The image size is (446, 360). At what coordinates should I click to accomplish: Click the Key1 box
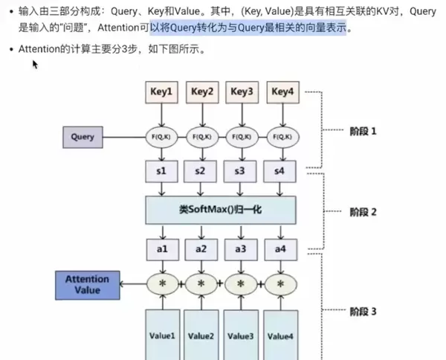[162, 92]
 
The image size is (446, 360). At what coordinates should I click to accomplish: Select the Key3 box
[242, 92]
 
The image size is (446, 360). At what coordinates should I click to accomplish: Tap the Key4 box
[282, 92]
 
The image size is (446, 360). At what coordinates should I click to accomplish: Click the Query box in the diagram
[83, 137]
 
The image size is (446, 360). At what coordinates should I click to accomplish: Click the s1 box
[162, 171]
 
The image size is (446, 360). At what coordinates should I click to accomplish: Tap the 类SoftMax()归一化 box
[220, 210]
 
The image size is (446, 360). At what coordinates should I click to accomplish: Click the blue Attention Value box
[88, 284]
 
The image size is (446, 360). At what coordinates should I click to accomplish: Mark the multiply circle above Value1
[162, 284]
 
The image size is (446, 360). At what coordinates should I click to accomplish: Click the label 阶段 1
[363, 131]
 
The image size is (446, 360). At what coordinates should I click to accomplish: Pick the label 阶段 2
[363, 212]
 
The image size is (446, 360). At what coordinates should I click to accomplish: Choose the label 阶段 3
[363, 311]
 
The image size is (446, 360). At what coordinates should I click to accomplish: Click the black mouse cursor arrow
[34, 64]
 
